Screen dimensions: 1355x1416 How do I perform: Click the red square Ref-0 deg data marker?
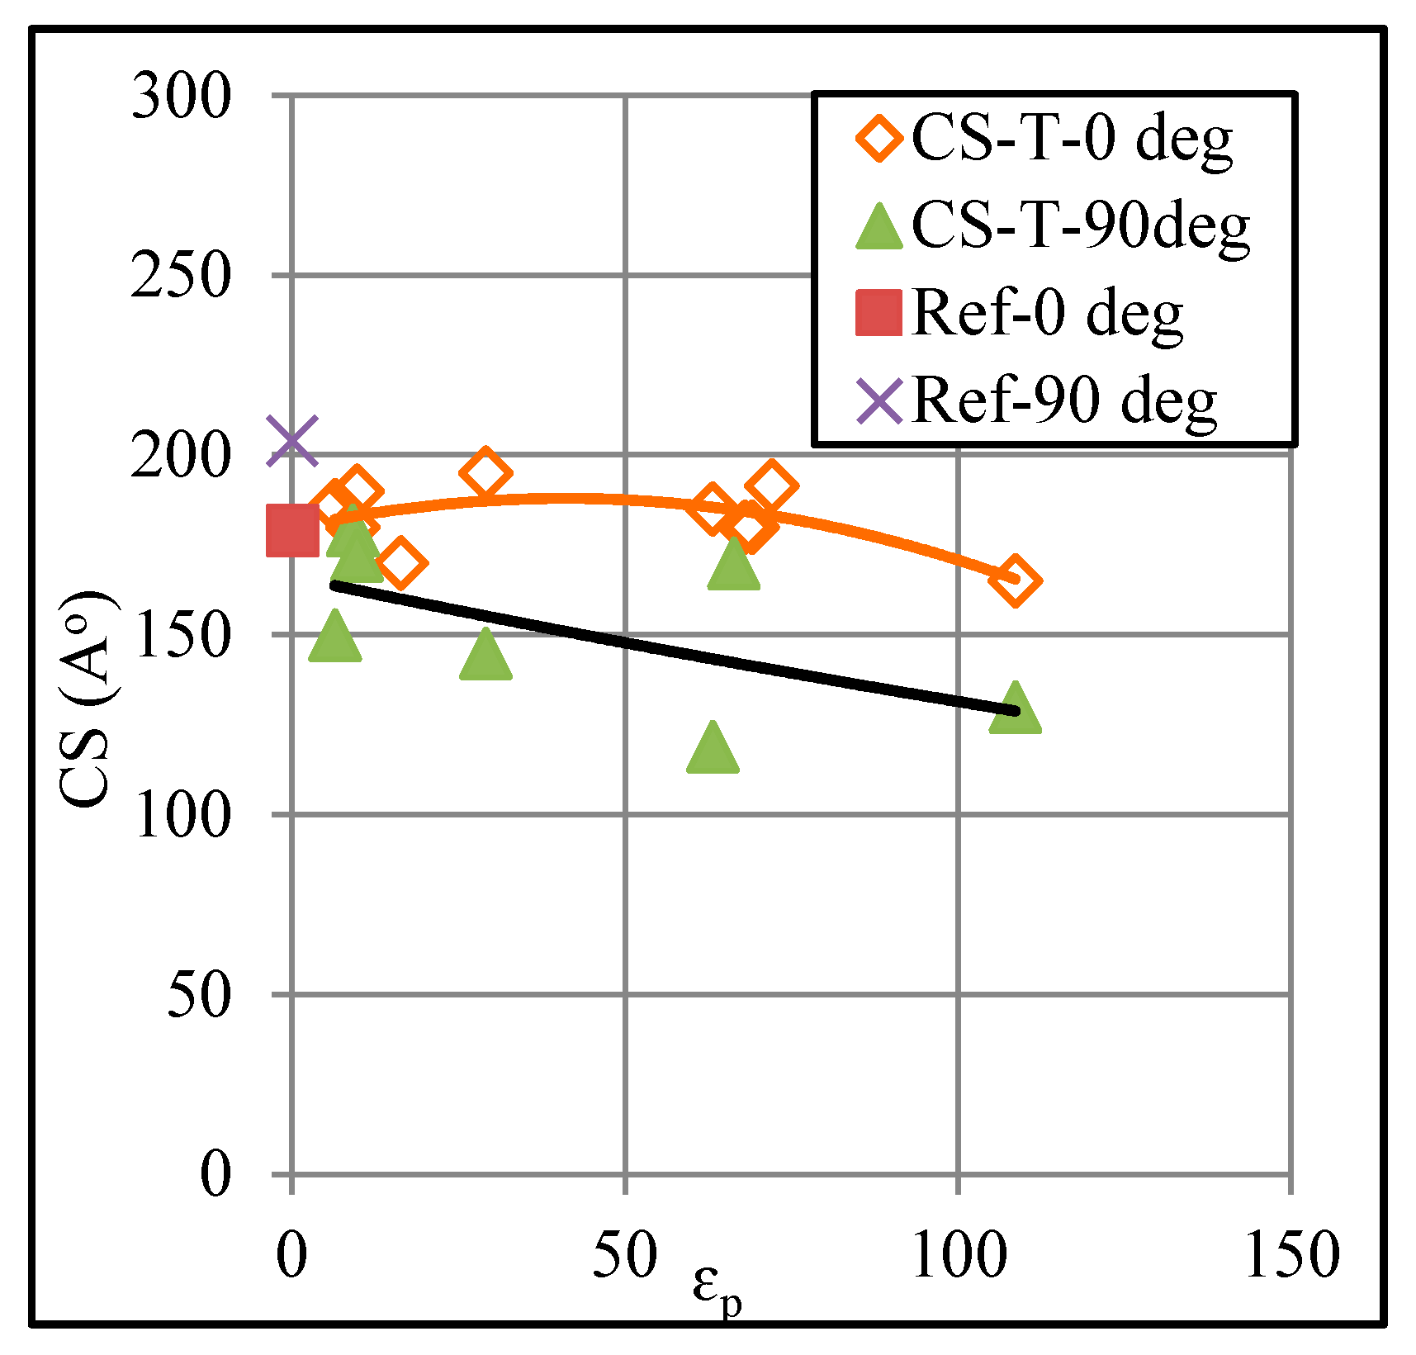(292, 530)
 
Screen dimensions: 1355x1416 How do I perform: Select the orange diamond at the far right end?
(1015, 581)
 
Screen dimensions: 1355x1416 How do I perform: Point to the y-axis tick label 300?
(181, 97)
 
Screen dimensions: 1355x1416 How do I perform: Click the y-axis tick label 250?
(181, 276)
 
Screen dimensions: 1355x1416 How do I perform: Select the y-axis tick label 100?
(181, 815)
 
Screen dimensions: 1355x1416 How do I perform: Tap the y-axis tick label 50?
(198, 994)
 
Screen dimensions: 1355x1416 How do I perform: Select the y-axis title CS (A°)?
(87, 700)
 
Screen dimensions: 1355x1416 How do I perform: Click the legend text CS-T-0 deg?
(1072, 139)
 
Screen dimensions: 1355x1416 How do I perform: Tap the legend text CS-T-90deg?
(1081, 225)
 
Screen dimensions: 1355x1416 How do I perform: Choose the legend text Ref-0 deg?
(1047, 313)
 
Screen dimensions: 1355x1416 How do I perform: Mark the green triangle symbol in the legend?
(878, 227)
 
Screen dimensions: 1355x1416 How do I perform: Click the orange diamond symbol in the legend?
(878, 138)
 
